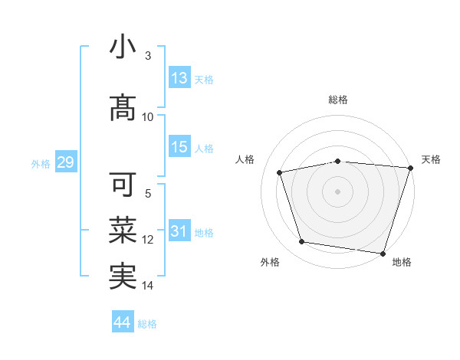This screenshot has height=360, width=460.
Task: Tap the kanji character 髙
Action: click(123, 108)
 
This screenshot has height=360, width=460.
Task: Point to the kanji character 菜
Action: click(123, 231)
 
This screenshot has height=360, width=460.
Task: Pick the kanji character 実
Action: click(123, 277)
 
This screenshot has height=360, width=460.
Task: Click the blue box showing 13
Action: click(179, 78)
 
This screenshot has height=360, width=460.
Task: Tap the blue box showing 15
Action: click(179, 147)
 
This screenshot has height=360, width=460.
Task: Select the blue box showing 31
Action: click(179, 231)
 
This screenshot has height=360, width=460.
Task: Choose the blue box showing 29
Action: click(64, 162)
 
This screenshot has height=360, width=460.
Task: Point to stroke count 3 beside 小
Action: click(148, 56)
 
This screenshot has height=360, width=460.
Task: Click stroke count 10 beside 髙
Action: click(148, 117)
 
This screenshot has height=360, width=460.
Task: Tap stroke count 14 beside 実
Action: click(148, 286)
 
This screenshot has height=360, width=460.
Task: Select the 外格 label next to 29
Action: click(41, 163)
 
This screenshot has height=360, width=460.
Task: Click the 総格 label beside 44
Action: click(147, 323)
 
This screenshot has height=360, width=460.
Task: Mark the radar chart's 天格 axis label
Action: click(431, 159)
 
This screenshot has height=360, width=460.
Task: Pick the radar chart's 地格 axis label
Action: click(402, 262)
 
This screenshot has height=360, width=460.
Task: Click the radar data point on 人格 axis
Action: click(280, 172)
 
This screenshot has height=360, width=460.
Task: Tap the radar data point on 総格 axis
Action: click(337, 161)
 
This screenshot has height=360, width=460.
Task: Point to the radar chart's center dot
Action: click(337, 191)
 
